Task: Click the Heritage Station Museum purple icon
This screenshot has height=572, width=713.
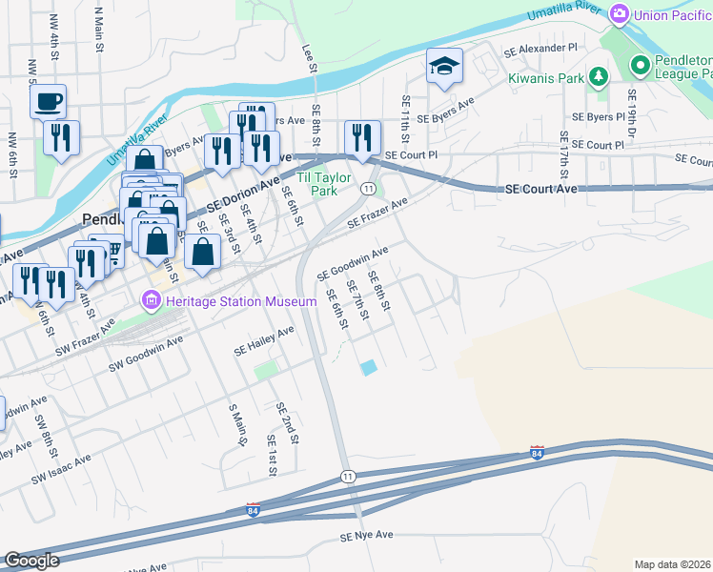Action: click(150, 302)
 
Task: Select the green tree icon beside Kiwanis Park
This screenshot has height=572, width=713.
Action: click(598, 75)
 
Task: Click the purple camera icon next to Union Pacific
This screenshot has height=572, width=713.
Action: click(621, 13)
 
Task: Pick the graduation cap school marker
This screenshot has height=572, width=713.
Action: click(444, 67)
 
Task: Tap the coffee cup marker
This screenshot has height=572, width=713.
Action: click(49, 100)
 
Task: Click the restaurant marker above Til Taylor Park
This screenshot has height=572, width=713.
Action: click(362, 138)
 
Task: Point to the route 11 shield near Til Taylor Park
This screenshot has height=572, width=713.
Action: click(367, 189)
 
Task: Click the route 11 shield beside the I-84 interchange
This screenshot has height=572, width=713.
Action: click(348, 476)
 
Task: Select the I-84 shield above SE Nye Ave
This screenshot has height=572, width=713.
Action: click(253, 510)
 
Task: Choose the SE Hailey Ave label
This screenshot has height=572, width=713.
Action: click(264, 343)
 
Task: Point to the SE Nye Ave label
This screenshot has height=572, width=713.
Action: click(367, 537)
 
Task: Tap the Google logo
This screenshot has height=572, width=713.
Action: click(31, 561)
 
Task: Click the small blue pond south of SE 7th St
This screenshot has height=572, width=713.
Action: click(367, 367)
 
